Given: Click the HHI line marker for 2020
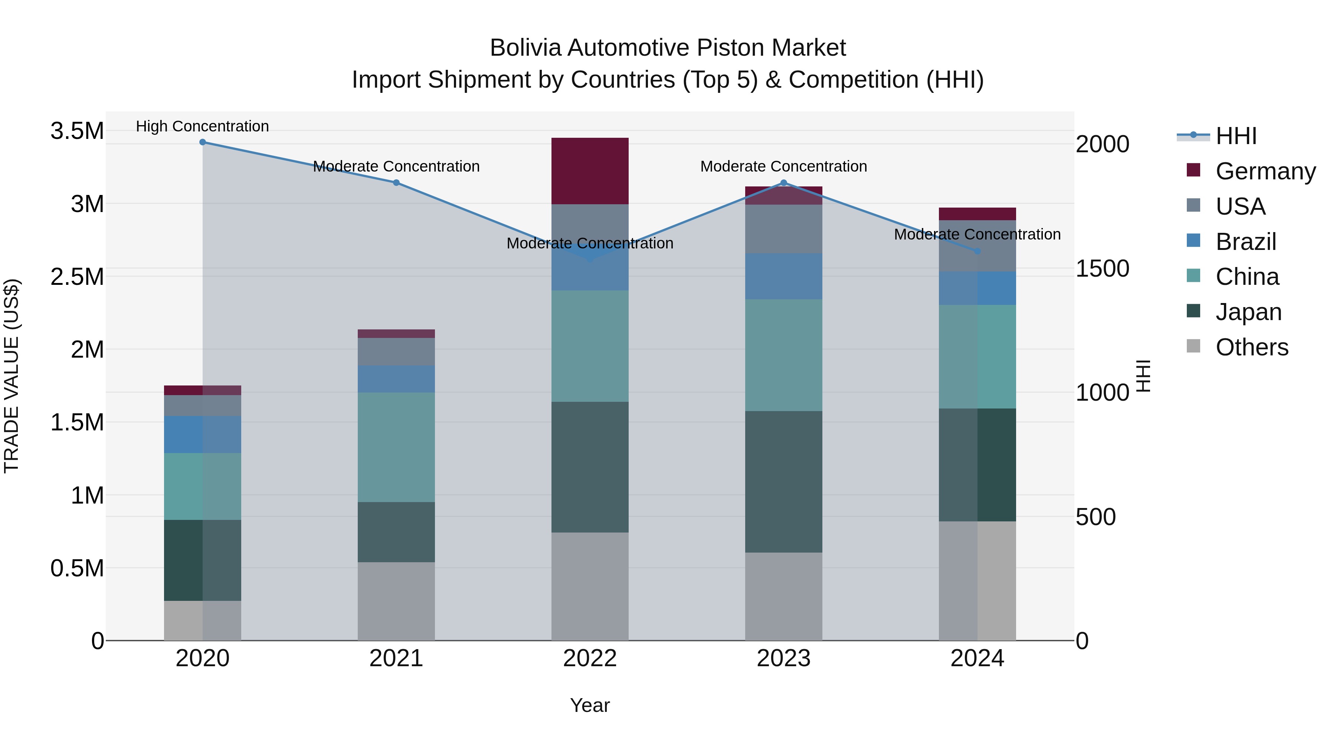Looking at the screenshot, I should coord(203,142).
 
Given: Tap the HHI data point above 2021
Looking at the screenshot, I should coord(396,183).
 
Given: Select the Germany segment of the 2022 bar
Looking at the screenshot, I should coord(590,171).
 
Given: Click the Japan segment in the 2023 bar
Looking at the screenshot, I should coord(784,482).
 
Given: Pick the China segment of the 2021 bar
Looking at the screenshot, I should coord(396,447).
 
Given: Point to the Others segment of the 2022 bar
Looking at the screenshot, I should coord(590,586).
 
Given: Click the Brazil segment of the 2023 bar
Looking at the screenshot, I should coord(784,276).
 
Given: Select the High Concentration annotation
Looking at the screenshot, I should coord(202,127).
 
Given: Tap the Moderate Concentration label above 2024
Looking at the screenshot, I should coord(977,235).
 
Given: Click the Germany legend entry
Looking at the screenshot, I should coord(1265,171).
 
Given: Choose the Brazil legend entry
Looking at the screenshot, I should coord(1246,242).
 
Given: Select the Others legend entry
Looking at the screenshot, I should coord(1251,347).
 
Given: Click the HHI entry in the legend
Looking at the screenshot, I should coord(1236,136).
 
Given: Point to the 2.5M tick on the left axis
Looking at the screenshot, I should coord(77,277).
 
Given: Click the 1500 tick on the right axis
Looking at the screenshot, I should coord(1102,268).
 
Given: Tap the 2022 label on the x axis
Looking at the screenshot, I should coord(590,658).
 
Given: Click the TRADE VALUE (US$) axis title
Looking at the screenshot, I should coord(12,376).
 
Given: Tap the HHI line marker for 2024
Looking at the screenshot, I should coord(978,251).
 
